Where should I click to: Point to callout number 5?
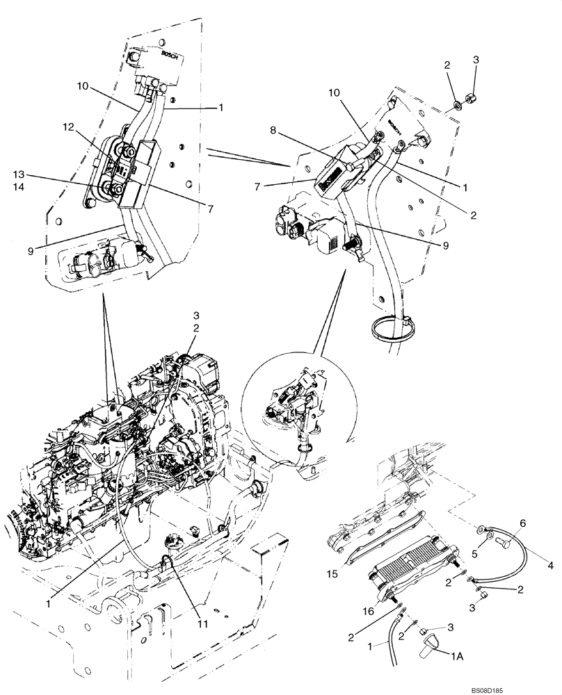478,554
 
